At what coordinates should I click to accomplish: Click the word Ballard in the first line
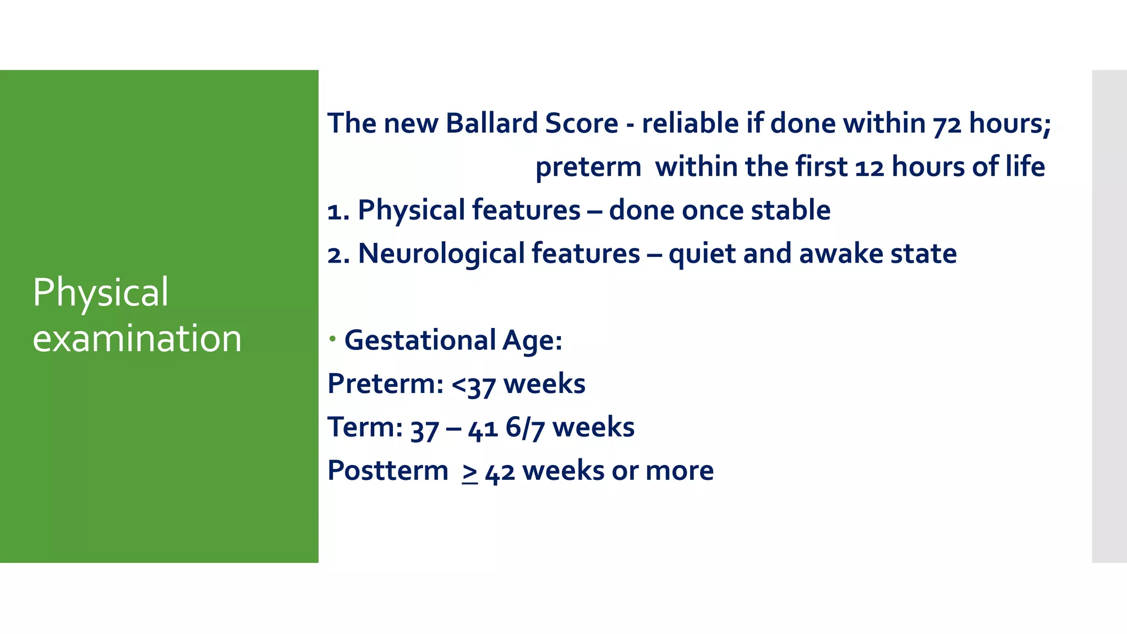click(x=491, y=123)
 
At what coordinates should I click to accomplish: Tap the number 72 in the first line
click(x=947, y=125)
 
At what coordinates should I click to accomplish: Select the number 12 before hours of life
click(x=869, y=168)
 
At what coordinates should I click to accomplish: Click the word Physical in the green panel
click(x=100, y=293)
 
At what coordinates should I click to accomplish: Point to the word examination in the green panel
click(x=137, y=338)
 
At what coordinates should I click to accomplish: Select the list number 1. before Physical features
click(x=337, y=211)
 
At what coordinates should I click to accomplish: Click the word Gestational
click(x=420, y=340)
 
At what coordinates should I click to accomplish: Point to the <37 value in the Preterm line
click(x=473, y=385)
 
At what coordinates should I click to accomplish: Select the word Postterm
click(x=387, y=471)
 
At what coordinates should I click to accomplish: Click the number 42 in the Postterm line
click(x=500, y=472)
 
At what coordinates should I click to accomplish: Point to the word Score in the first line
click(x=581, y=123)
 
